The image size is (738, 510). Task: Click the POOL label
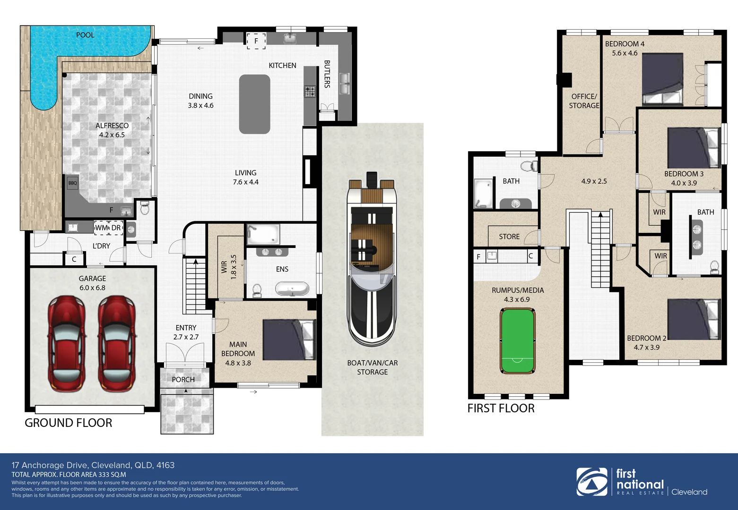point(85,35)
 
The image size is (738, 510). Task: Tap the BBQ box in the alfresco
point(72,183)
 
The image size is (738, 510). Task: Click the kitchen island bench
point(254,104)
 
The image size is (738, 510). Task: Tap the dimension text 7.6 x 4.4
point(245,182)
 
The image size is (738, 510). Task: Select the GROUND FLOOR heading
point(69,423)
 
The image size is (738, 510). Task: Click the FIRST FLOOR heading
point(501,408)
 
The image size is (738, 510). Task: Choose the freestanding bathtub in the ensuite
point(292,289)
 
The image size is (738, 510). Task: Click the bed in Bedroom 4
point(662,79)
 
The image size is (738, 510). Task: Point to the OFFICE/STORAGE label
point(584,101)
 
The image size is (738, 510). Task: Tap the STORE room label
point(509,237)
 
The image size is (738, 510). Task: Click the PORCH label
point(183,379)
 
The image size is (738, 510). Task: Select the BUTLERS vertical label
point(327,74)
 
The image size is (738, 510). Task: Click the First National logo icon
point(592,482)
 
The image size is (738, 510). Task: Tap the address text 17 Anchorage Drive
point(50,465)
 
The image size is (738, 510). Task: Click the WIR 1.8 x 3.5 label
point(229,267)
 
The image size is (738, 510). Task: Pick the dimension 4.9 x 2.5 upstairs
point(594,181)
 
